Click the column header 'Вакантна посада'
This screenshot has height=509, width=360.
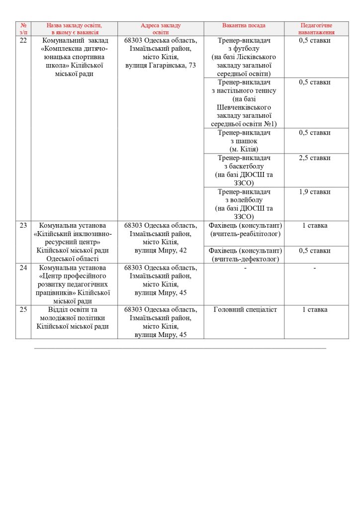[x=244, y=25]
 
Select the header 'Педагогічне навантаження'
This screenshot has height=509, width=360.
[x=316, y=28]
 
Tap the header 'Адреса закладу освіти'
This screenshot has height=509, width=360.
[x=161, y=28]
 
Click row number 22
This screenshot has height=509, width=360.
[x=23, y=40]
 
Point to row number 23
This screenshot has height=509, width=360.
[x=23, y=225]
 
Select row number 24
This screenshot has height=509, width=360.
[x=23, y=267]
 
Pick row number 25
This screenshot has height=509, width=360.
[x=23, y=310]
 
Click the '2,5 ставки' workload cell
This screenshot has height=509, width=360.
[x=315, y=158]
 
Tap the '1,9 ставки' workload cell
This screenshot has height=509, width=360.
[x=315, y=191]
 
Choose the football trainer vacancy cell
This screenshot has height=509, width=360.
[x=244, y=57]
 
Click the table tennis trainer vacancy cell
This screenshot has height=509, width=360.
[x=244, y=103]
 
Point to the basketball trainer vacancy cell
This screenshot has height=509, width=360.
[x=244, y=170]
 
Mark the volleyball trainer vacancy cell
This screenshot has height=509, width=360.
[x=244, y=204]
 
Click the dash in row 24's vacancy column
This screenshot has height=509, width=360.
[x=245, y=268]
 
